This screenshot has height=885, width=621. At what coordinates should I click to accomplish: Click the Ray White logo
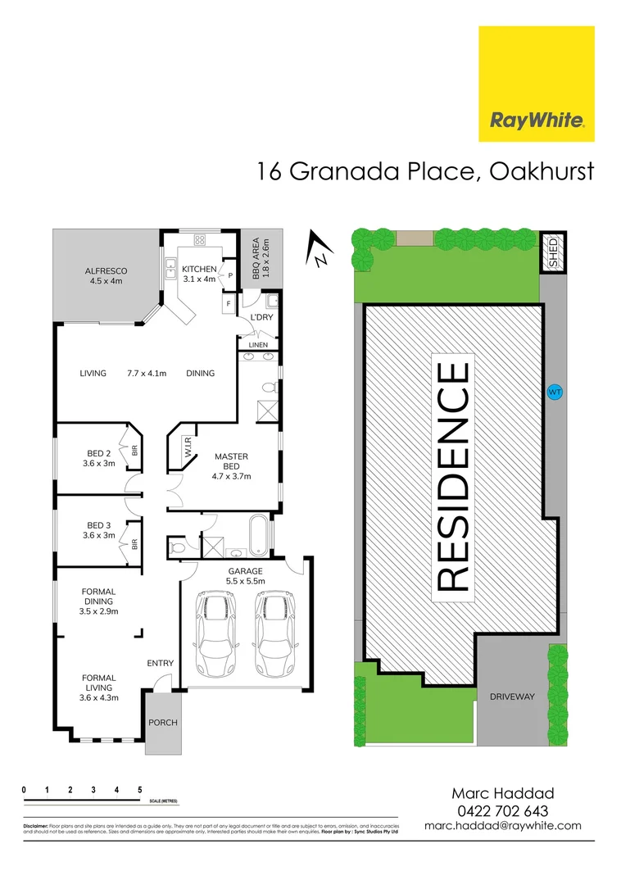pos(537,84)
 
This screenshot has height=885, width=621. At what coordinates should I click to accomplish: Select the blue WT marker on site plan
pos(555,393)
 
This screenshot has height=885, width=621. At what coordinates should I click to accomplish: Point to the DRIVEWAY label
pos(511,697)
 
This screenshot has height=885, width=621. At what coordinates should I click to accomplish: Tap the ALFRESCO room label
pos(105,275)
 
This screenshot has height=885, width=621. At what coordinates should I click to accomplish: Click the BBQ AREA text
pos(260,258)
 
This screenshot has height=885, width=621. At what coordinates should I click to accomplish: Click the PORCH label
pos(163,723)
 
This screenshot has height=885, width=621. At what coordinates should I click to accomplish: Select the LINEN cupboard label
pos(258,345)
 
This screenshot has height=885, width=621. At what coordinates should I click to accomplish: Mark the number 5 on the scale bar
pos(140,789)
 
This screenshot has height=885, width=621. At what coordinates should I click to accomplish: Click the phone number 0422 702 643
pos(503,810)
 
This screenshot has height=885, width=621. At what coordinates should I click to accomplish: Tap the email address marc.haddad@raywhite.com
pos(503,826)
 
